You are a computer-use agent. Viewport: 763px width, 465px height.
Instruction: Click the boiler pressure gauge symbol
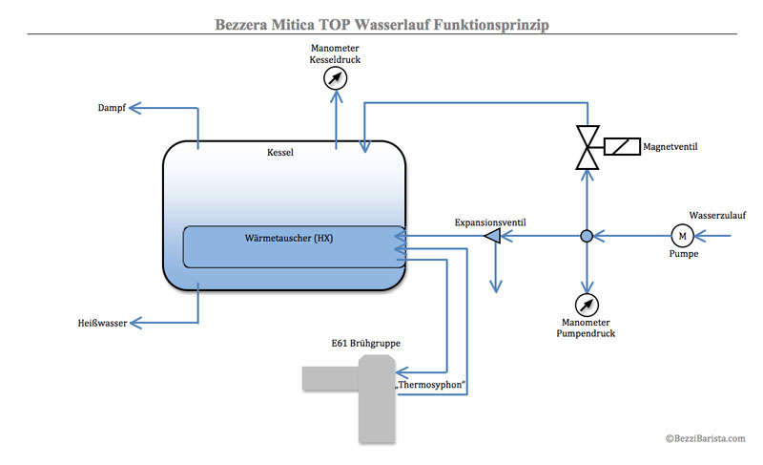[336, 78]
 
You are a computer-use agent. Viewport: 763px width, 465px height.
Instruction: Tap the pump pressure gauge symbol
[587, 305]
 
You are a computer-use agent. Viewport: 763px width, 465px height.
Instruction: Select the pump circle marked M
[682, 236]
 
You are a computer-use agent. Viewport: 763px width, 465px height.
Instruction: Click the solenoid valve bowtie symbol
[588, 147]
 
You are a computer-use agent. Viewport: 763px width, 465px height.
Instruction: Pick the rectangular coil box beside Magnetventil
[622, 146]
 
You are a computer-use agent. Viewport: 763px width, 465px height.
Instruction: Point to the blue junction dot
[587, 236]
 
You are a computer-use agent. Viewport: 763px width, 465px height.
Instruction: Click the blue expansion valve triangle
[492, 236]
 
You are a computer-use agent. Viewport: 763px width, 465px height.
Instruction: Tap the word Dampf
[112, 108]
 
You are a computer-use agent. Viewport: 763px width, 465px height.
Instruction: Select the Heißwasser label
[102, 323]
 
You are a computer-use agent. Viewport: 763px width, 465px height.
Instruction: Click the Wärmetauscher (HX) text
[289, 238]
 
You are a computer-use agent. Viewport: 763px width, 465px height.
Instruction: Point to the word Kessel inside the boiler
[280, 153]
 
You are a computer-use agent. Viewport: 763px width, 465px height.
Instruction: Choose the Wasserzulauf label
[717, 215]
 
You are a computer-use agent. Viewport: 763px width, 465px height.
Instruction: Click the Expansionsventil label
[490, 222]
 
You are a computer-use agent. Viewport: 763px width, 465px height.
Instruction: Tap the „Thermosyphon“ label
[430, 385]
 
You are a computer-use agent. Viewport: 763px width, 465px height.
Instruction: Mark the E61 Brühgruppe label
[366, 344]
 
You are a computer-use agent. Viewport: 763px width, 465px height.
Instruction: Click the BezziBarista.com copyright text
[706, 438]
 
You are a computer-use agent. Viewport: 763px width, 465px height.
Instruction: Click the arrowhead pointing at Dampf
[134, 108]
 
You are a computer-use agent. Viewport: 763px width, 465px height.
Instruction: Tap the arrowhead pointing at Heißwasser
[135, 323]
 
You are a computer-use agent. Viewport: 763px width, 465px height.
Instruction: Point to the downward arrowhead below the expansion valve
[496, 285]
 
